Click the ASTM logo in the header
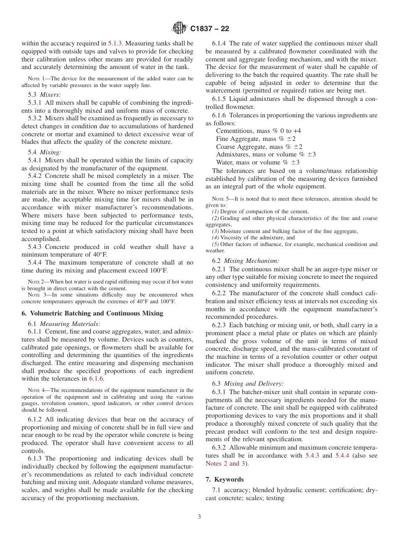click(x=180, y=29)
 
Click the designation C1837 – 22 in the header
click(x=210, y=29)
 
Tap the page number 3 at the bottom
click(x=199, y=517)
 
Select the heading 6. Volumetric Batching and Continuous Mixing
click(x=92, y=313)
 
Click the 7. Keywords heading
click(x=225, y=479)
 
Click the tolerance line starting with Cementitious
click(x=258, y=131)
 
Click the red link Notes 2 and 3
click(x=225, y=463)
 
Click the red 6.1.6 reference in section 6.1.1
click(x=96, y=379)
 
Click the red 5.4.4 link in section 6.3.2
click(x=343, y=456)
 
